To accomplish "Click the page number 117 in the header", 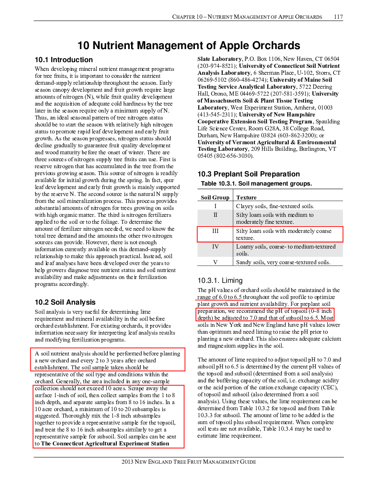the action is (x=338, y=17).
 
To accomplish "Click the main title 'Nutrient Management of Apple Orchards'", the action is (x=196, y=46).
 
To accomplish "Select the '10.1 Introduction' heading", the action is (x=64, y=60).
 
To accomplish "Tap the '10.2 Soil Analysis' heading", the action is (x=65, y=302).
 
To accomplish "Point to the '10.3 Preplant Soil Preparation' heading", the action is (x=248, y=174).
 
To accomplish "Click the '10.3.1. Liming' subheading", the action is (x=220, y=280).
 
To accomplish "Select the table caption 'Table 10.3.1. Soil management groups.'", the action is (x=257, y=183).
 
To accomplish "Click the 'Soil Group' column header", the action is (x=215, y=197).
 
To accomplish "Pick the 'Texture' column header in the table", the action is (x=246, y=197).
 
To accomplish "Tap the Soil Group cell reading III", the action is (x=215, y=231).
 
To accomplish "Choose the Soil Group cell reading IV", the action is (x=215, y=246).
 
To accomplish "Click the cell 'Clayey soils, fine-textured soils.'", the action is (x=275, y=206).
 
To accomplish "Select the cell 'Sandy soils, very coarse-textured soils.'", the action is (x=283, y=262).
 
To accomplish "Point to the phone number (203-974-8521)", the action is (x=217, y=66).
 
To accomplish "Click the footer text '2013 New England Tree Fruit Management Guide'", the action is (x=189, y=462).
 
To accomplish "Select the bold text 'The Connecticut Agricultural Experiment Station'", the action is (x=105, y=444).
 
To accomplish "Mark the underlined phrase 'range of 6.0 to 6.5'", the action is (x=220, y=297).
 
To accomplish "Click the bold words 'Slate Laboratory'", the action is (x=220, y=59).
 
